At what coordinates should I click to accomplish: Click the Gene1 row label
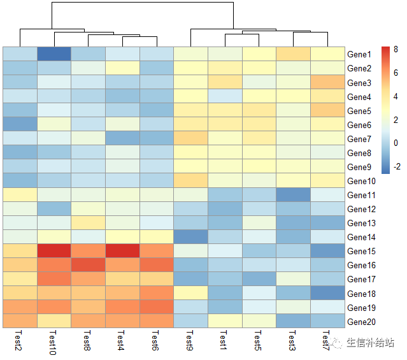pos(359,55)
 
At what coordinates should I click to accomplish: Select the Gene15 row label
pos(361,251)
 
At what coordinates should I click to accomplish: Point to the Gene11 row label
pos(361,195)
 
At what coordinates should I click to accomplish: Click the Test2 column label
pos(19,341)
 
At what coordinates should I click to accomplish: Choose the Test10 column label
pos(54,343)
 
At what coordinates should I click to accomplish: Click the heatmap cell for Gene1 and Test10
pos(54,54)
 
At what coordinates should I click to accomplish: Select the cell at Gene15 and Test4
pos(123,250)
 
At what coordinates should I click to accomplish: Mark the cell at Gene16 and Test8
pos(89,264)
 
